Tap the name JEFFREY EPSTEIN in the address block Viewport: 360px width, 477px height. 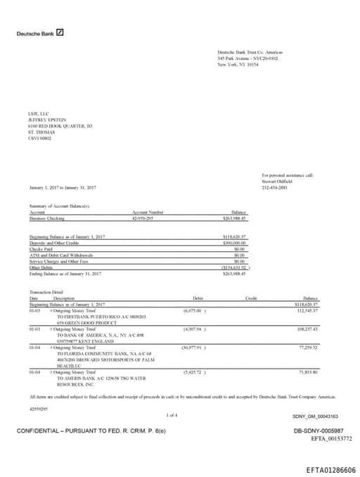coord(48,120)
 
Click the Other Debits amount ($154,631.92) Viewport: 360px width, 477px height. coord(235,267)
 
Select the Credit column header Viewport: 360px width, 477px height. coord(250,298)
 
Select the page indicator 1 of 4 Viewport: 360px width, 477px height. coord(172,416)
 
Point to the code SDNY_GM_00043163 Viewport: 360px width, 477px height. coord(315,416)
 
